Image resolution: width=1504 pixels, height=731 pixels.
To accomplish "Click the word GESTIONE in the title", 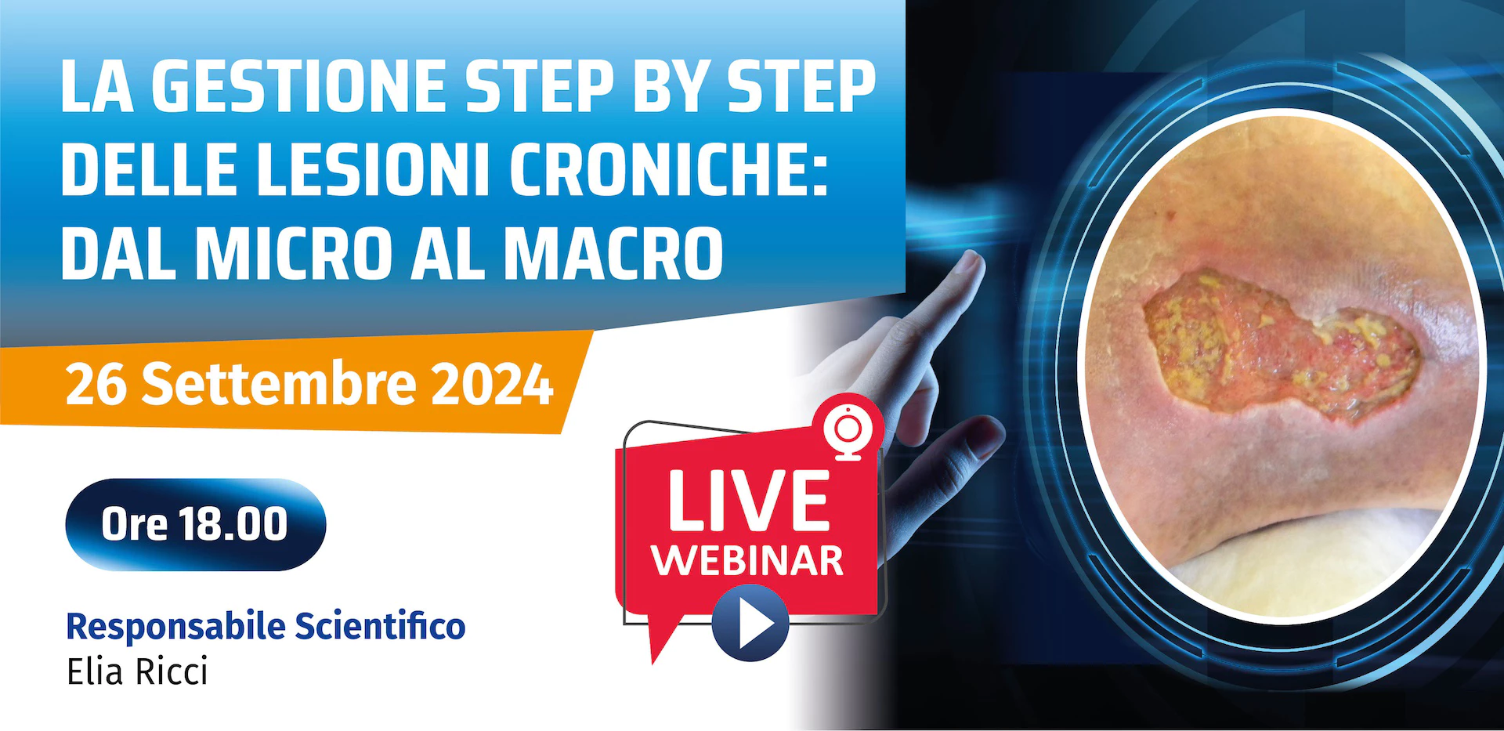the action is tap(297, 86).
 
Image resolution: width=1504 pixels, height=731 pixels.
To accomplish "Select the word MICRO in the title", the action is tap(294, 252).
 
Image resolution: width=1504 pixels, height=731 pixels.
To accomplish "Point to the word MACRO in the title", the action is tap(613, 252).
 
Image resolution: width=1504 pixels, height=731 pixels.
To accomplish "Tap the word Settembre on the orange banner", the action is tap(279, 383).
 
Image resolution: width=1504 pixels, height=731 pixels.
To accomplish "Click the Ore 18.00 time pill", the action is tap(195, 524).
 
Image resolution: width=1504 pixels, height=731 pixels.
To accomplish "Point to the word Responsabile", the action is tap(176, 627).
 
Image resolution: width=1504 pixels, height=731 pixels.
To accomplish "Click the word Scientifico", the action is tap(380, 626).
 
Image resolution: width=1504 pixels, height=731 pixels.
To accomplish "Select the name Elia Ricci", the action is tap(137, 672).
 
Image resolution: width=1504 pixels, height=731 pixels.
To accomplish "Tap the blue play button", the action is tap(750, 623).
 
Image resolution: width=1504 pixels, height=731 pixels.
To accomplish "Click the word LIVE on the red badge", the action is tap(749, 501).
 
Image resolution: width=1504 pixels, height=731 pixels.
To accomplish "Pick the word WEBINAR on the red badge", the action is tap(748, 561).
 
